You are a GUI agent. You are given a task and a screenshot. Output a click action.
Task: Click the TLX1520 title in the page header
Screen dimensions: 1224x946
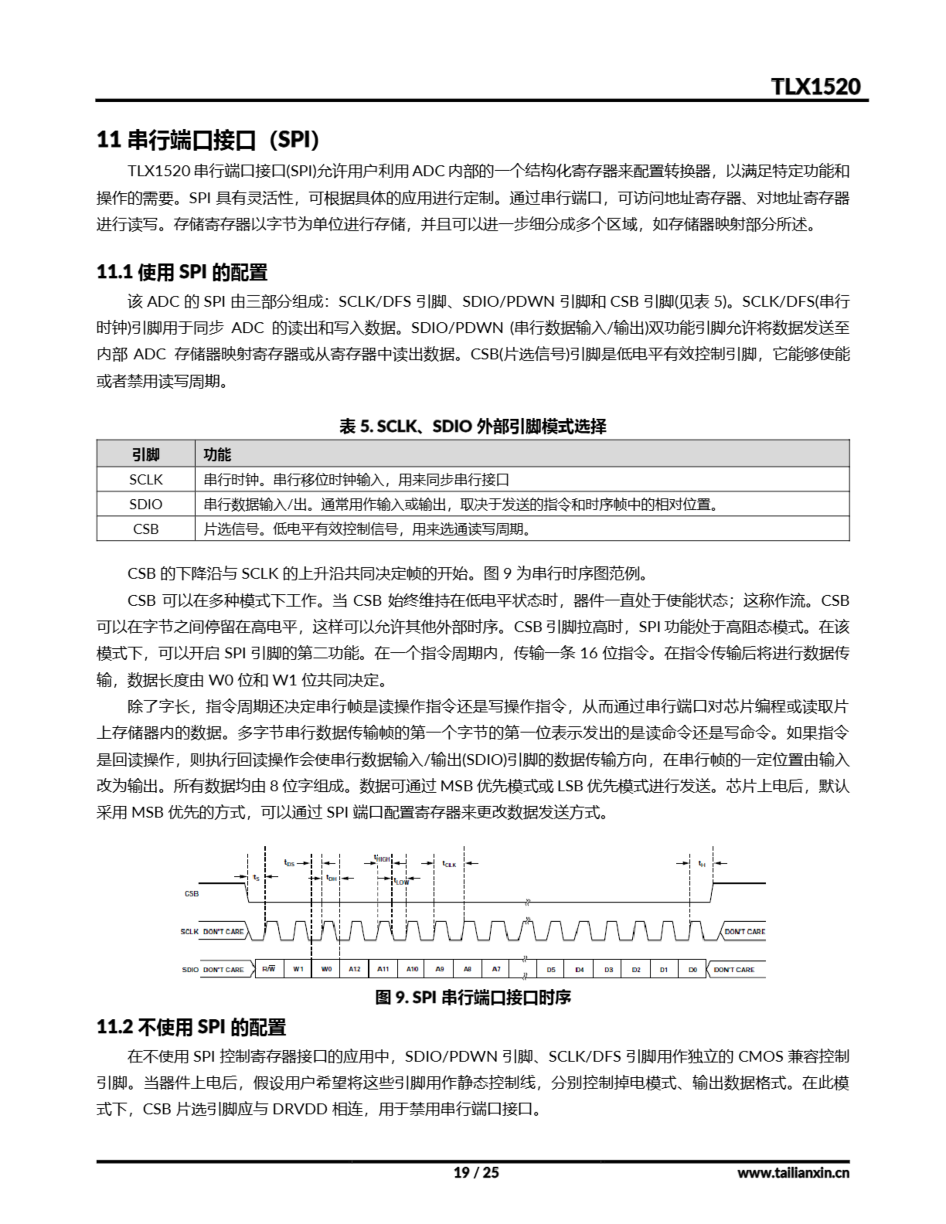pyautogui.click(x=815, y=87)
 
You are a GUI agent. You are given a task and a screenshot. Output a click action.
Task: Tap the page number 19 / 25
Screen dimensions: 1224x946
pyautogui.click(x=475, y=1172)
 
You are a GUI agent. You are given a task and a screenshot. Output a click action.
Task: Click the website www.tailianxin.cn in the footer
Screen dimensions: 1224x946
pyautogui.click(x=793, y=1172)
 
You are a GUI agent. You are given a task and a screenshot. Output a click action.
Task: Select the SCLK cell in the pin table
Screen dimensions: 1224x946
pyautogui.click(x=146, y=480)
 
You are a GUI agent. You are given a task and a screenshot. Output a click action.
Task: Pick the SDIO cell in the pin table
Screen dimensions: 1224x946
pyautogui.click(x=146, y=504)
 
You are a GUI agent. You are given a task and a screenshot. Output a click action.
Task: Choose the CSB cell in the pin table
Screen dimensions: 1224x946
pyautogui.click(x=146, y=529)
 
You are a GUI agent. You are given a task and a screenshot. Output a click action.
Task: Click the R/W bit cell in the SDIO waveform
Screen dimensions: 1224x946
pyautogui.click(x=269, y=969)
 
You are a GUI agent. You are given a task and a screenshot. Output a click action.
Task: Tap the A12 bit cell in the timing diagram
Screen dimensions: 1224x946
pyautogui.click(x=354, y=969)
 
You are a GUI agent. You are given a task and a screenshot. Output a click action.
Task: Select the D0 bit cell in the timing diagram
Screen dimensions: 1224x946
pyautogui.click(x=693, y=970)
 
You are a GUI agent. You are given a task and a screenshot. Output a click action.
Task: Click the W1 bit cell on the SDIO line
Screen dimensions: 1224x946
pyautogui.click(x=298, y=969)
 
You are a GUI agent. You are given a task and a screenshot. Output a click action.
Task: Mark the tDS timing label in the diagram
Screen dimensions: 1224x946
pyautogui.click(x=289, y=863)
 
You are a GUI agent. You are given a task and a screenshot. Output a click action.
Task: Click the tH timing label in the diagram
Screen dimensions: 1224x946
pyautogui.click(x=702, y=863)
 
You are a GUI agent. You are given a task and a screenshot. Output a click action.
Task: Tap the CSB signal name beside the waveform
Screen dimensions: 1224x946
pyautogui.click(x=192, y=893)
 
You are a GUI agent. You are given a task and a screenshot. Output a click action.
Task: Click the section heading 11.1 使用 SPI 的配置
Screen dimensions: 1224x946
pyautogui.click(x=182, y=273)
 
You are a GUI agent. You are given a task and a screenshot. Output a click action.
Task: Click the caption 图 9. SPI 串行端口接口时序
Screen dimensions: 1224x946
pyautogui.click(x=473, y=997)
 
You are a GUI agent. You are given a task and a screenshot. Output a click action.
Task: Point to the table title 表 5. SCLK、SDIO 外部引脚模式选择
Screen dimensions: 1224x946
pyautogui.click(x=473, y=426)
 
